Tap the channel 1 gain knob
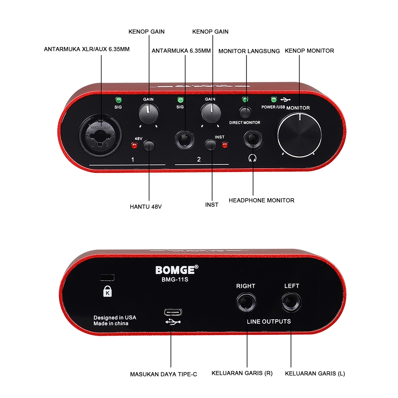149,113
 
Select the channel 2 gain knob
211,112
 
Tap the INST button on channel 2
211,145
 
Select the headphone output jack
253,140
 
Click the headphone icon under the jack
252,158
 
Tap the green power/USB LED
273,99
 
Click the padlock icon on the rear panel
107,292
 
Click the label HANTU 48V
146,207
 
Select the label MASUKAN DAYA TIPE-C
163,374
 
